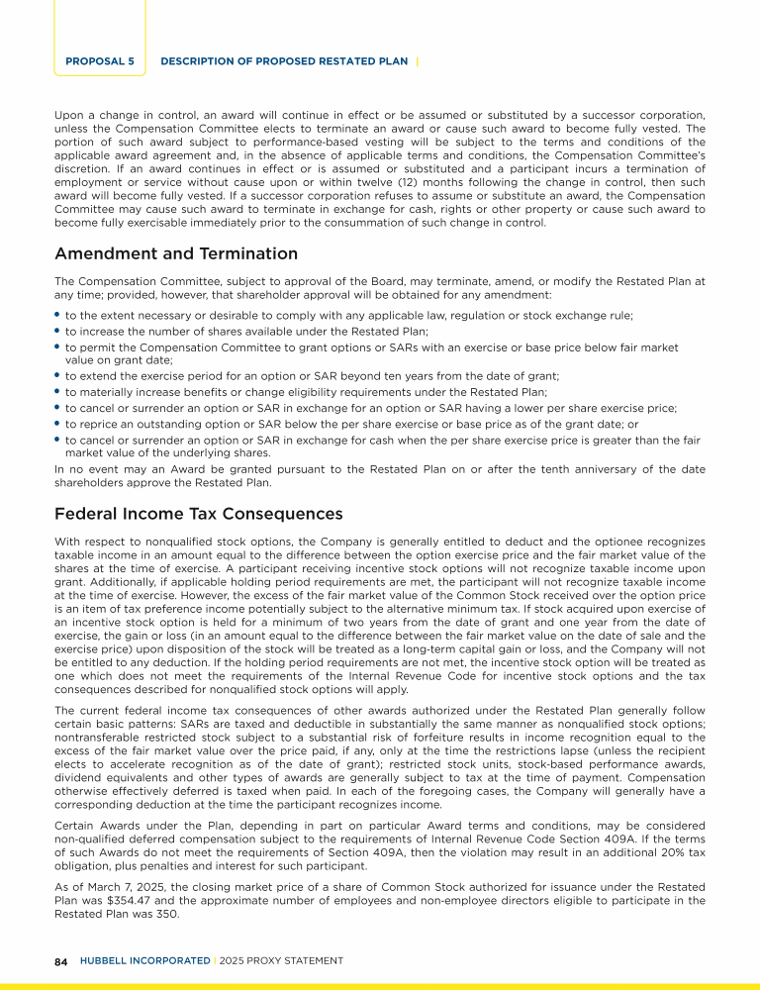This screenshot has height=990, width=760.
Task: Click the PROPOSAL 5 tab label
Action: (100, 61)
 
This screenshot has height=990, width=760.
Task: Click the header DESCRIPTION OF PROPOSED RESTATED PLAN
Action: (283, 61)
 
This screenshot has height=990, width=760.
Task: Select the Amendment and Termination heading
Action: (175, 254)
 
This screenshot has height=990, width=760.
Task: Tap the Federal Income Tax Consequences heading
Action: (198, 514)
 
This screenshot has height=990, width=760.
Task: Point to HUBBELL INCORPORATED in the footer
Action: (144, 960)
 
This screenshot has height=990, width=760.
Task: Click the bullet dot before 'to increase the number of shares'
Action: (57, 331)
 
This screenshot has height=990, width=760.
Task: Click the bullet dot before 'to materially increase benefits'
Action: (57, 392)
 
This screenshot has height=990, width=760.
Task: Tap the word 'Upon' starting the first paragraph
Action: (68, 114)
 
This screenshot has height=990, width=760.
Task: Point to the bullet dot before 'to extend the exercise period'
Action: (57, 376)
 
